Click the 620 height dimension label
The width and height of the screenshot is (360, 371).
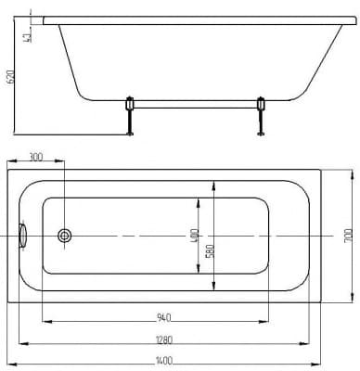pos(11,77)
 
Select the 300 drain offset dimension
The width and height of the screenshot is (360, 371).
pos(36,157)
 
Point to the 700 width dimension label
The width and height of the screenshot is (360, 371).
pos(348,236)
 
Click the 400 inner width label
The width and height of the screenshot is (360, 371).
pos(195,236)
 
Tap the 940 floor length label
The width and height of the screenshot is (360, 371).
pos(164,317)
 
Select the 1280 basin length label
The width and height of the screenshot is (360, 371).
pos(164,339)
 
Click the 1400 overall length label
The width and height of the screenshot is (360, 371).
pos(164,361)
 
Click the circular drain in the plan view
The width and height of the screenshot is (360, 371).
pos(65,236)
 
